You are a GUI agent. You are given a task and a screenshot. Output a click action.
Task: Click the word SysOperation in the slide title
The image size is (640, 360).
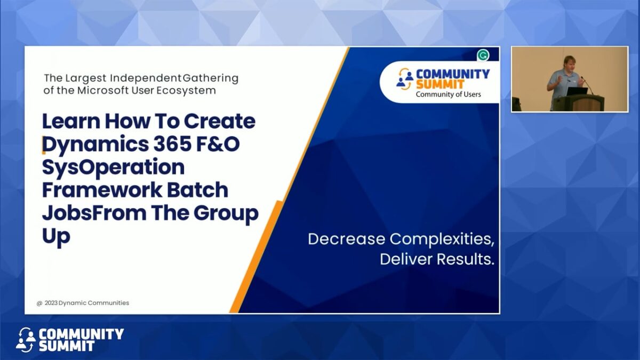[113, 167]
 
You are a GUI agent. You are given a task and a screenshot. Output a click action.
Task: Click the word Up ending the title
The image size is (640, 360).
[56, 236]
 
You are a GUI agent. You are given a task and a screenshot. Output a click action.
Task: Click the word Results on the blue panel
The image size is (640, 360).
[466, 260]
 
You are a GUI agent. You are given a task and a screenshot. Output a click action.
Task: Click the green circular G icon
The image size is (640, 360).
[483, 55]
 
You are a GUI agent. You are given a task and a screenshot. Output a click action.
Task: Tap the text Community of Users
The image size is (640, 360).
[448, 94]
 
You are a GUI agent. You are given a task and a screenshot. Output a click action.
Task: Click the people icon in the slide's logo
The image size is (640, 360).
[405, 78]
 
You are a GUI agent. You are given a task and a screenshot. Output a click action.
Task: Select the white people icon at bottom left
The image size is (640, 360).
[26, 340]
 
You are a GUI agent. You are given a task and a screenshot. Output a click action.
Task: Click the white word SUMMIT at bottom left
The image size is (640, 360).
[67, 346]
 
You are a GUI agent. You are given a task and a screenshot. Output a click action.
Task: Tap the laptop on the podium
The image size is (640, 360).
[576, 91]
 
